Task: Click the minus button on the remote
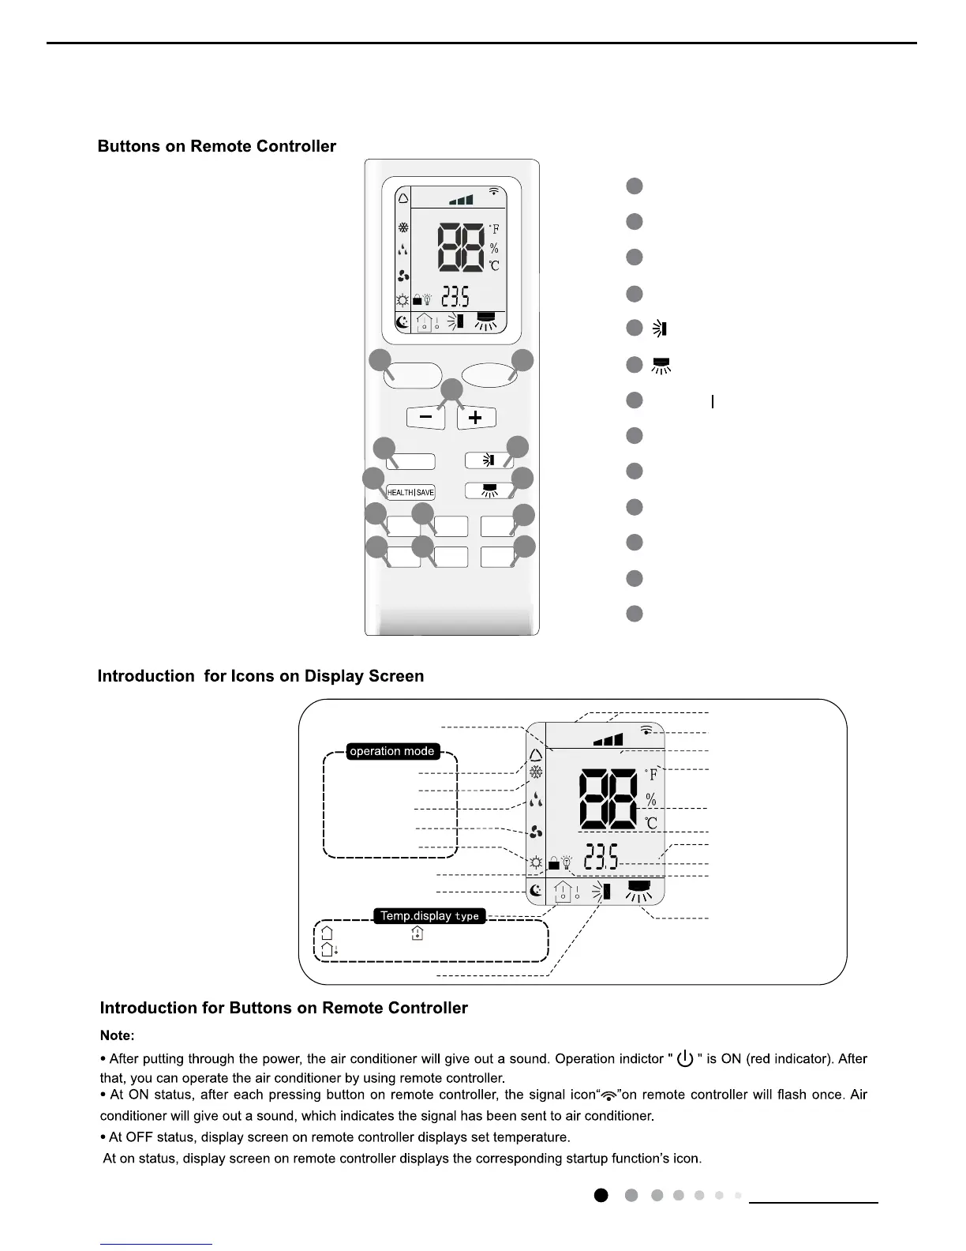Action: (x=426, y=417)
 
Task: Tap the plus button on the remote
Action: (x=475, y=417)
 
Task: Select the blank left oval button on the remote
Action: (x=413, y=375)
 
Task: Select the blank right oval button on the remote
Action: (x=489, y=374)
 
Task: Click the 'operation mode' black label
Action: (x=392, y=751)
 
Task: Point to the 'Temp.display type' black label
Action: (x=429, y=916)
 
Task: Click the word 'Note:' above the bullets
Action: (x=117, y=1035)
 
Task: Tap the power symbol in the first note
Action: (x=685, y=1058)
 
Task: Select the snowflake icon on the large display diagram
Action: (x=536, y=772)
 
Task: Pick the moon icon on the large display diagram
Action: (x=536, y=891)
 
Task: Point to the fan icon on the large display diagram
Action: (x=536, y=832)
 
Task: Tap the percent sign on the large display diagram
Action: (x=651, y=800)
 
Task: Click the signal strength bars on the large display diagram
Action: (x=608, y=740)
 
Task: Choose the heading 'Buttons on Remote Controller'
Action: (x=217, y=147)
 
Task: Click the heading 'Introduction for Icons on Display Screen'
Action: (x=260, y=677)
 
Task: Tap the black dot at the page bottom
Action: (x=601, y=1196)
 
